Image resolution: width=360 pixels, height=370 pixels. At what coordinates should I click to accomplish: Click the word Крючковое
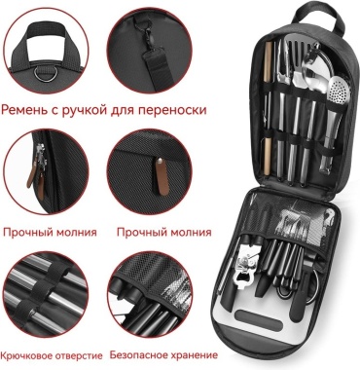pyautogui.click(x=26, y=355)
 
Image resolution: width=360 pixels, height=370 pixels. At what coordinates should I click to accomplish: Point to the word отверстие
pyautogui.click(x=79, y=355)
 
